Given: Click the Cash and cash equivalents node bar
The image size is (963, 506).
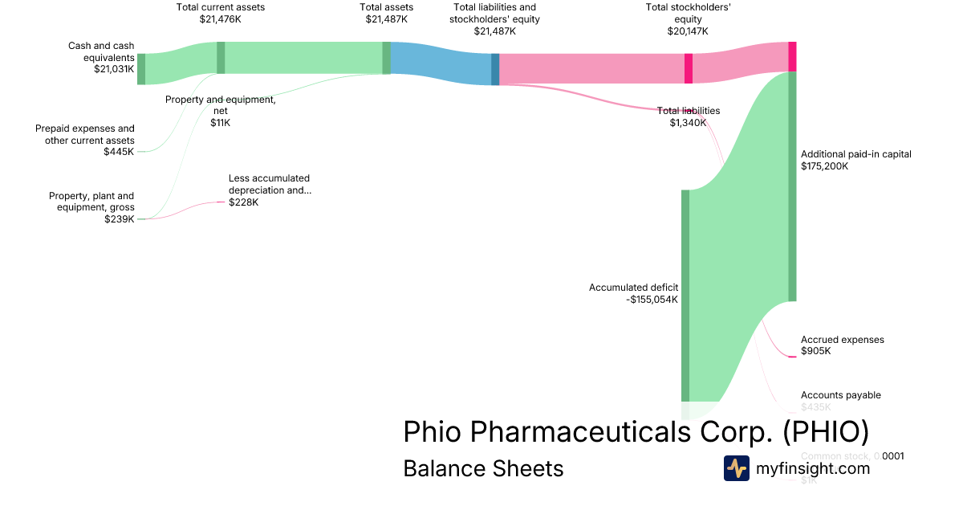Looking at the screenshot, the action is click(141, 68).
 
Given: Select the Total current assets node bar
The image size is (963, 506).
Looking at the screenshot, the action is click(221, 58).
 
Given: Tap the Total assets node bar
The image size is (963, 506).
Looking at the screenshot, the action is click(386, 58).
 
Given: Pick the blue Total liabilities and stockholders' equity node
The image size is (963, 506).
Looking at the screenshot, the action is click(495, 68).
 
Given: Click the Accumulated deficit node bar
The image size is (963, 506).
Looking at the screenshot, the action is click(685, 295).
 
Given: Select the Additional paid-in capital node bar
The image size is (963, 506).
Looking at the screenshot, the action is click(792, 186).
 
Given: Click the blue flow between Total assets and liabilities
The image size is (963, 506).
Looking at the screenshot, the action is click(440, 63).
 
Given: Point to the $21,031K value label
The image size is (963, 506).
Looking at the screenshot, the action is click(114, 69).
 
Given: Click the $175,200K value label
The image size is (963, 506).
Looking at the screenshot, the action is click(825, 166).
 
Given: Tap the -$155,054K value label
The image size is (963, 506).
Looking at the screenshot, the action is click(652, 300).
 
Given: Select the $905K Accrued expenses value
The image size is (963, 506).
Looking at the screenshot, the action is click(816, 351).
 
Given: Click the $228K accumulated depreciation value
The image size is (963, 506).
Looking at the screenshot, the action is click(244, 202).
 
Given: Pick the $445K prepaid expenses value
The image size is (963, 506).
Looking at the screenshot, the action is click(119, 151).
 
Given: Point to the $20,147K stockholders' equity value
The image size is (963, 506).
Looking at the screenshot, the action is click(688, 31).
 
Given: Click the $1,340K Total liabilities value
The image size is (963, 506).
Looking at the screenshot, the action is click(689, 123).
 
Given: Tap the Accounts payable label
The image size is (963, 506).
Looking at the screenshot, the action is click(840, 395).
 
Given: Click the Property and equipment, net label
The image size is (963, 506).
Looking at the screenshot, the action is click(221, 100).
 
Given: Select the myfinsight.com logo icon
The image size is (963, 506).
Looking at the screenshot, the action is click(736, 468).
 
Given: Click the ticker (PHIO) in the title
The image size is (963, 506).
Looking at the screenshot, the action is click(826, 431).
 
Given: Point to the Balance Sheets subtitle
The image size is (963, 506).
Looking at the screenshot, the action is click(483, 468).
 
